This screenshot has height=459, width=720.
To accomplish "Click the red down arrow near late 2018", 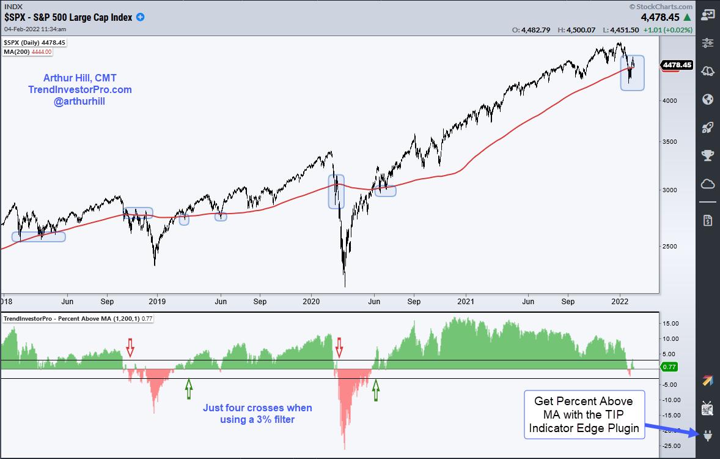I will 130,346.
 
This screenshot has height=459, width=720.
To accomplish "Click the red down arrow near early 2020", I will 340,347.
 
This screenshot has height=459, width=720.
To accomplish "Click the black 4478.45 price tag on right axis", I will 677,65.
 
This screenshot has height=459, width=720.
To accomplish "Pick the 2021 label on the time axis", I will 466,301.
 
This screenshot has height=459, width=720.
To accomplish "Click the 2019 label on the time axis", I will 158,301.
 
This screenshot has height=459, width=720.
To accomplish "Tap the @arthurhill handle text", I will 79,101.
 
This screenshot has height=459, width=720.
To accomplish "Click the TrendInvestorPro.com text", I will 80,89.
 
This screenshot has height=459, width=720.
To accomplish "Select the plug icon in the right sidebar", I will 708,436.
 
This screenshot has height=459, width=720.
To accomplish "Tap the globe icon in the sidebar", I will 708,99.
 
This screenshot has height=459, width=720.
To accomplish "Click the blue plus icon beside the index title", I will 140,17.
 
